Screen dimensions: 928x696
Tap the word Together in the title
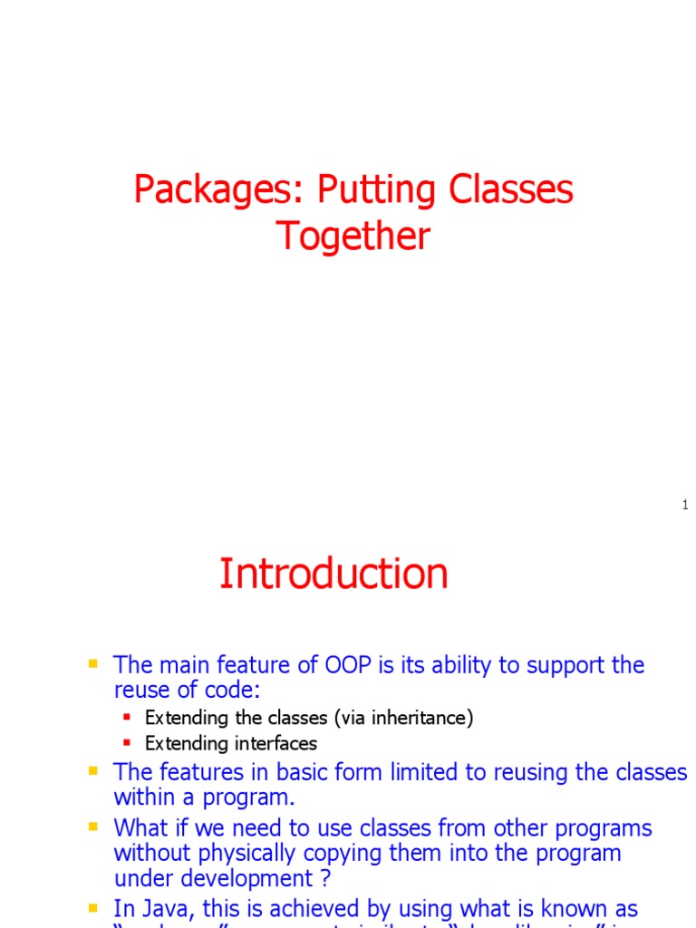[353, 236]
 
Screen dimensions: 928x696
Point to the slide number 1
[685, 505]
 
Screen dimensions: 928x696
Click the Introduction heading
[333, 574]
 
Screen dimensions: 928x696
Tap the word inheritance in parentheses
[416, 718]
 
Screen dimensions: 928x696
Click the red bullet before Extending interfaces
[127, 743]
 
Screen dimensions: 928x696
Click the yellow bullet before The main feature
[92, 664]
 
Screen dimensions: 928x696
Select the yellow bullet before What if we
[92, 827]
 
